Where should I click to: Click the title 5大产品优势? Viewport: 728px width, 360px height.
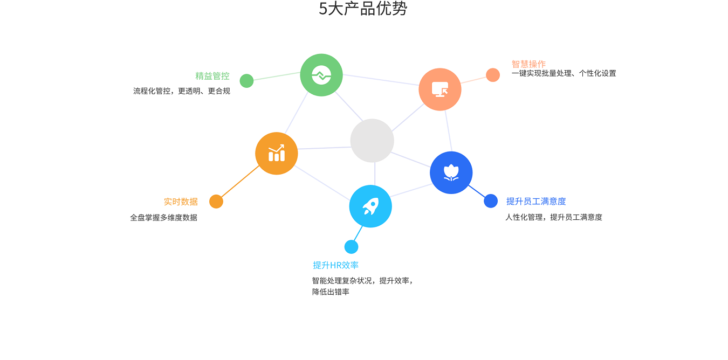(363, 9)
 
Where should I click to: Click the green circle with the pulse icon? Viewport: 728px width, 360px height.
(321, 75)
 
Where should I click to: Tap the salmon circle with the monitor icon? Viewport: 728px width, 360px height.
(439, 89)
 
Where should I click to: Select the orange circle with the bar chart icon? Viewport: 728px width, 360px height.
(276, 154)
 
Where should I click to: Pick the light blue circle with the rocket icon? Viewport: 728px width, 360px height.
(370, 206)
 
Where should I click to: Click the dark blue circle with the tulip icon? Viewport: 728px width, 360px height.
(451, 172)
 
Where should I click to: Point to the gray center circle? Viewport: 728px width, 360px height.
(372, 141)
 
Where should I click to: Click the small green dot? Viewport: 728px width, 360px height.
(246, 81)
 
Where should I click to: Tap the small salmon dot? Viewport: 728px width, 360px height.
(493, 75)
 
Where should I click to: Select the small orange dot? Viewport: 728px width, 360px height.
(216, 202)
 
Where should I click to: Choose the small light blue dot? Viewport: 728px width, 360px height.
(351, 247)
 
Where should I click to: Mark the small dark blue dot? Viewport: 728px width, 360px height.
(491, 201)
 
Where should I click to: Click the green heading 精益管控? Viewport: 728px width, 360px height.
(212, 76)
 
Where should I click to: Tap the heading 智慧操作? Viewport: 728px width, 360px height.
(528, 64)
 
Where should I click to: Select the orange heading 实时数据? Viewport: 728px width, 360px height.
(181, 202)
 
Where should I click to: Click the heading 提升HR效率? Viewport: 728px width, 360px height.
(335, 265)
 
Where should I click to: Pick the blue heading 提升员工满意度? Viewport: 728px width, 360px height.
(536, 202)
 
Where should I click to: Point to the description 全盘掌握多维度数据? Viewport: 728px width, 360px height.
(164, 217)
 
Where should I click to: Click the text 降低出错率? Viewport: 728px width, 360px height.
(331, 292)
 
